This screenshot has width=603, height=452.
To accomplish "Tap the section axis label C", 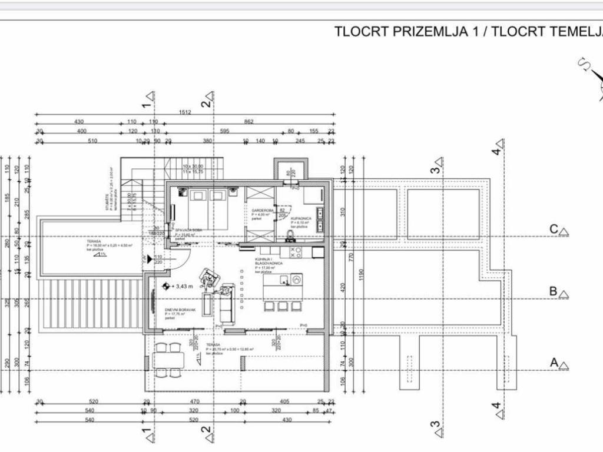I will click(x=554, y=230).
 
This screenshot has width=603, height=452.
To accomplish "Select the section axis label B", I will click(x=554, y=291).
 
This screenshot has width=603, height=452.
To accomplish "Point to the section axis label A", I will click(x=554, y=363).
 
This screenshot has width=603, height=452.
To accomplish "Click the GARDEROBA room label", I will click(x=260, y=210).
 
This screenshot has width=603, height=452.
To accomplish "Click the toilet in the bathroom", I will click(x=291, y=237).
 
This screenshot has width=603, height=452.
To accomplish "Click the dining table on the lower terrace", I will click(x=167, y=359).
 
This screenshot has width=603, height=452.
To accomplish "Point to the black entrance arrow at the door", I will click(x=150, y=258).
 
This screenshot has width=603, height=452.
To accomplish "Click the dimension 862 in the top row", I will click(x=249, y=122).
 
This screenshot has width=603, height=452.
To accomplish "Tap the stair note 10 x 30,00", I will click(x=193, y=167).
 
